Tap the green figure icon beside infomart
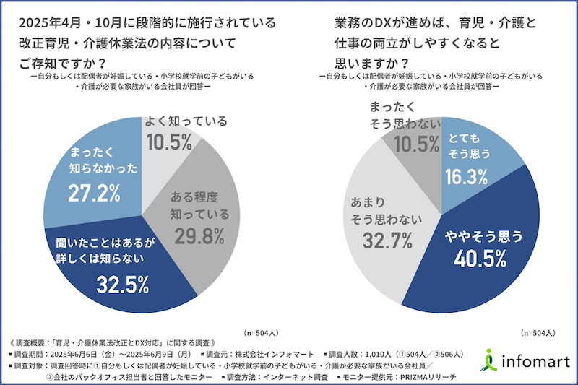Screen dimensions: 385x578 coord(492,358)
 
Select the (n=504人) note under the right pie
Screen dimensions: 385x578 coord(538,333)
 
